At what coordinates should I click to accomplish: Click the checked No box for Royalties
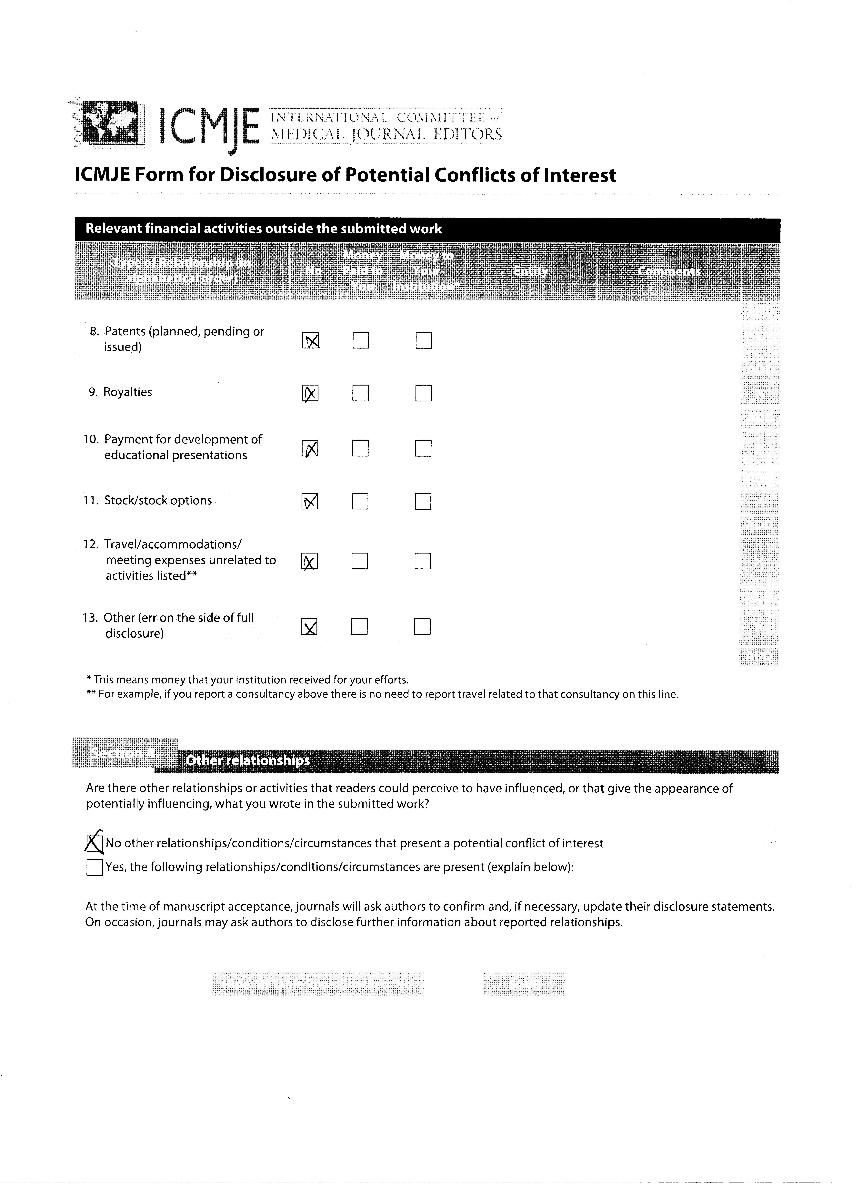[x=310, y=393]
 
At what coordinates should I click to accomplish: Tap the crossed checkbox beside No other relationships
[x=94, y=843]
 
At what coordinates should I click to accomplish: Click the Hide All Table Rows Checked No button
[x=317, y=984]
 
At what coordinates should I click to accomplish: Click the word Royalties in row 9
[x=128, y=392]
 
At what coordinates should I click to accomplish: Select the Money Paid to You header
[x=363, y=271]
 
